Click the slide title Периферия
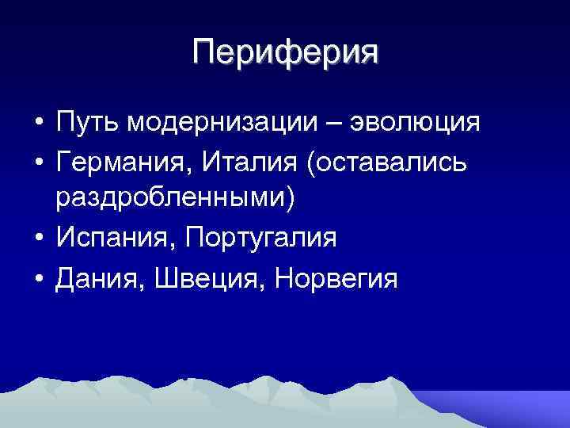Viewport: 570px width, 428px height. tap(285, 53)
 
